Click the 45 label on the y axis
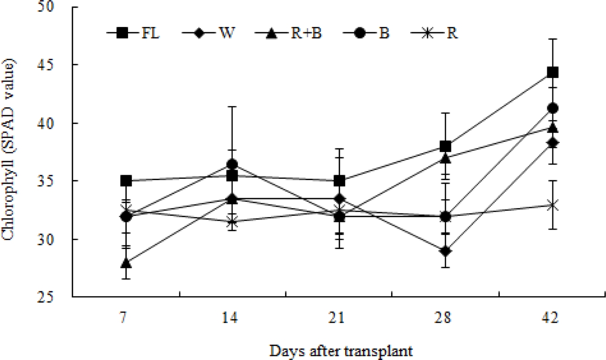pos(60,65)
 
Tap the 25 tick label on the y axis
pos(60,297)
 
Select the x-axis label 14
pos(232,318)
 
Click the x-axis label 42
pos(553,318)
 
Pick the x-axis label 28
pos(445,318)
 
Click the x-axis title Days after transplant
pos(341,350)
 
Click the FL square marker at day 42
pos(553,73)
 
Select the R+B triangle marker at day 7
pos(126,263)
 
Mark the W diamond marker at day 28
pos(445,251)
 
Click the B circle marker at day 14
pos(232,164)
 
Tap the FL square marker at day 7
pos(126,181)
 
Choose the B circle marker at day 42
pos(553,108)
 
